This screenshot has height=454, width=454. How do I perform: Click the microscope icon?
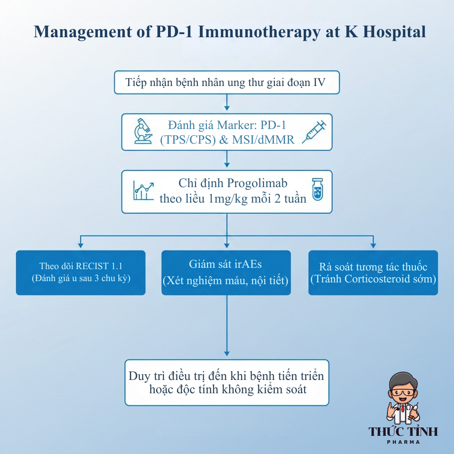coord(143,131)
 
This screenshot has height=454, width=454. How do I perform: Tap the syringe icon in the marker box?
coord(314,132)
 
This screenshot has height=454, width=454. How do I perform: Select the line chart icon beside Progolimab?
coord(143,190)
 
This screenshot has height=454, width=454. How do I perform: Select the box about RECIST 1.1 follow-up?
coord(81,273)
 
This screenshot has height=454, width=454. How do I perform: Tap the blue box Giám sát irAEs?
coord(226,273)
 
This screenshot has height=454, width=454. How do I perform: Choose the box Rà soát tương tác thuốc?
coord(373,273)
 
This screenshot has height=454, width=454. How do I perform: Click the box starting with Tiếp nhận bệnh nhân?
coord(227,82)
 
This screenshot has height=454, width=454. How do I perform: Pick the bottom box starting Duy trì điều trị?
coord(227,383)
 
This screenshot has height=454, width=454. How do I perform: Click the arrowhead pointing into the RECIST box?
coord(80,244)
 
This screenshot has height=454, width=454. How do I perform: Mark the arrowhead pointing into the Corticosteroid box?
coord(373,244)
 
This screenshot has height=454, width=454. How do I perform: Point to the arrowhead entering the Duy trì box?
coord(227,353)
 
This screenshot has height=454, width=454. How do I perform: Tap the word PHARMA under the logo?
coord(403,442)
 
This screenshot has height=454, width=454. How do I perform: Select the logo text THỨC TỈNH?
coord(403,431)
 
